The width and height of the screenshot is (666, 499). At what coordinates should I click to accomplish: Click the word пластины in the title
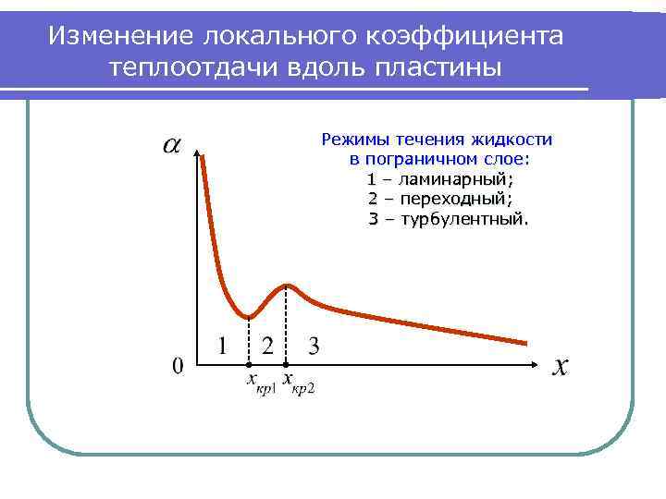(439, 67)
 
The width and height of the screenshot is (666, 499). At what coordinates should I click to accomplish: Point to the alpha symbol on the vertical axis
(172, 145)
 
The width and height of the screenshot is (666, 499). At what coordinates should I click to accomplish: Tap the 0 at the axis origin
(178, 366)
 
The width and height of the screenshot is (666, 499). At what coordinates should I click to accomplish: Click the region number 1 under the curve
(224, 347)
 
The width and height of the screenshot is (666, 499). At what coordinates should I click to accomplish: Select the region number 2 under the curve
(267, 347)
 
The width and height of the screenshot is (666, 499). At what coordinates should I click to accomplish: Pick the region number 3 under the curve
(314, 347)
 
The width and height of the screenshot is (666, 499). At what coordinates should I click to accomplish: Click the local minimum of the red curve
(249, 316)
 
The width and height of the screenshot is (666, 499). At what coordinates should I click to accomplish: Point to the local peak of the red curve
(289, 285)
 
